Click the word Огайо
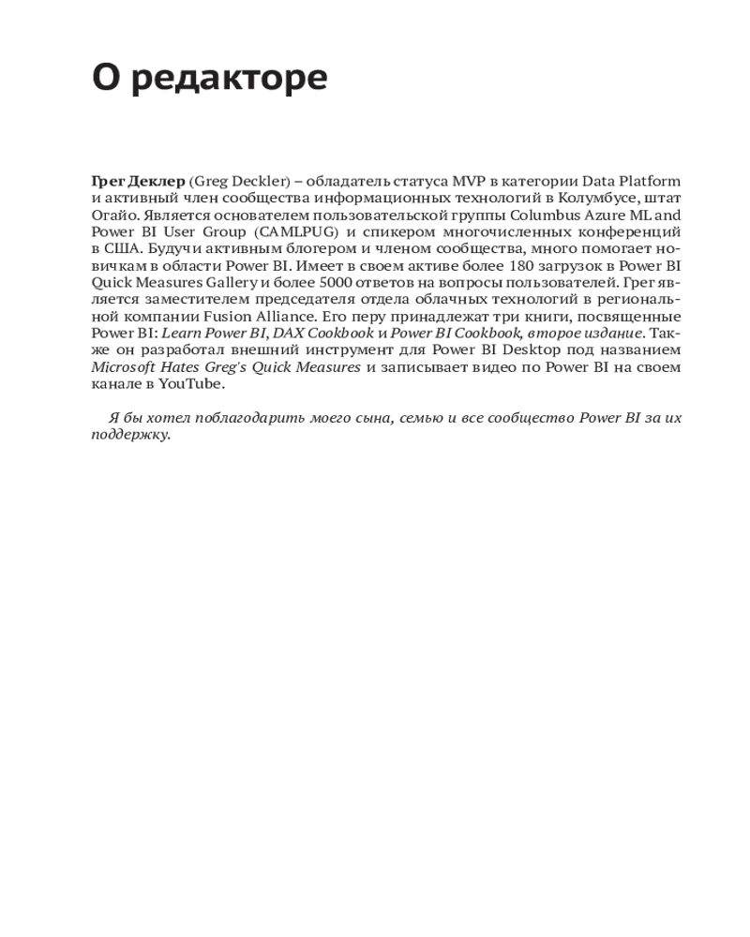click(x=113, y=215)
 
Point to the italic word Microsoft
click(x=126, y=366)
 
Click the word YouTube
click(x=191, y=383)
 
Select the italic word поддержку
click(x=130, y=435)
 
